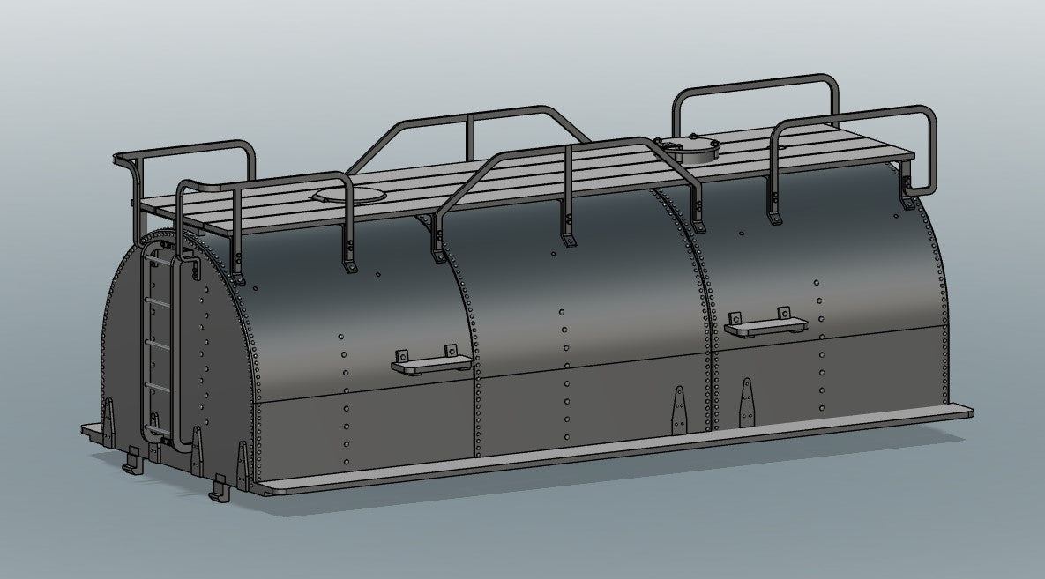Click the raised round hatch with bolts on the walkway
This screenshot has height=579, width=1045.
point(685,146)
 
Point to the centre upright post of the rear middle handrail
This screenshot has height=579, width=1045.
point(471,137)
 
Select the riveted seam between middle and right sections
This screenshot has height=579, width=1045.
point(705,308)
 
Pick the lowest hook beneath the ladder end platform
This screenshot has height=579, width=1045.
point(217,486)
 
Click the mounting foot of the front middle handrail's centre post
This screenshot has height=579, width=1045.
point(569,239)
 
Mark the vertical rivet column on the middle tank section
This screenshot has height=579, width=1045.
point(564,370)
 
